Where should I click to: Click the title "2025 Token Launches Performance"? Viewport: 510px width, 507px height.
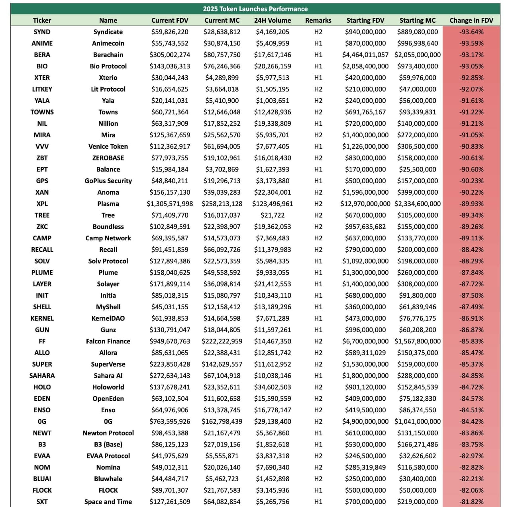coord(255,9)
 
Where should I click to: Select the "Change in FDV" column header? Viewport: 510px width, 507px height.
coord(471,20)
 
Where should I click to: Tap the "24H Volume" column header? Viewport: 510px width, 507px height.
coord(273,20)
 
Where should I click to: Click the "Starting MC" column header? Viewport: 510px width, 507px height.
coord(418,20)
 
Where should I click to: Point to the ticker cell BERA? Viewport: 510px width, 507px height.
coord(42,55)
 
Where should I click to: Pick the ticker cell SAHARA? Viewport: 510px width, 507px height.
coord(42,376)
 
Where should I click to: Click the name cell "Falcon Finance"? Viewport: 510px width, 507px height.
coord(108,341)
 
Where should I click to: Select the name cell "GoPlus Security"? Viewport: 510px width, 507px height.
coord(108,181)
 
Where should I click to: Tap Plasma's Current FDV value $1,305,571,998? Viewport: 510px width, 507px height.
coord(170,204)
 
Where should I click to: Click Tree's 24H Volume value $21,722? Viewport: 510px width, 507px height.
coord(273,215)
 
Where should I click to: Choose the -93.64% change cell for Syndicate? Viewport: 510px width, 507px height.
coord(471,32)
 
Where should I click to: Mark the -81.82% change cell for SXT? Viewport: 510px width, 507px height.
coord(471,502)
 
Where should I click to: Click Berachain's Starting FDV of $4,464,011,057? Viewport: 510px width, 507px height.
coord(365,55)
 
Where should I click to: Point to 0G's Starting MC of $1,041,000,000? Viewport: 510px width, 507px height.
coord(418,421)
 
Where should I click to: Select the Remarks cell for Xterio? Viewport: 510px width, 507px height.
coord(318,78)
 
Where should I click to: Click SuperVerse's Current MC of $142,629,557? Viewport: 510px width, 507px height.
coord(222,364)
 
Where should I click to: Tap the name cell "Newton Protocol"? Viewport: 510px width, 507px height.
coord(108,433)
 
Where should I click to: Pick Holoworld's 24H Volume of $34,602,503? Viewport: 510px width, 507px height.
coord(273,387)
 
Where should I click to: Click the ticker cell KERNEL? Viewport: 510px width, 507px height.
coord(42,318)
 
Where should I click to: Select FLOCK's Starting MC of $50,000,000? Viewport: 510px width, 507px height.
coord(418,490)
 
